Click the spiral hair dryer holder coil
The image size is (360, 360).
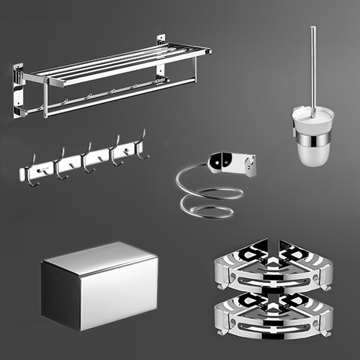coord(209,198)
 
